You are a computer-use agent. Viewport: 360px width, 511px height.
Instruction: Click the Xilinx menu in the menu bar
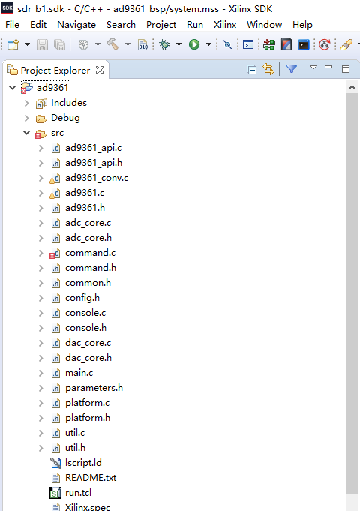(x=225, y=25)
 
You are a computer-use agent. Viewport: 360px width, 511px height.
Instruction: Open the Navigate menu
(x=76, y=25)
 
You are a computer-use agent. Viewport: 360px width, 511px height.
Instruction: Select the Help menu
(x=302, y=25)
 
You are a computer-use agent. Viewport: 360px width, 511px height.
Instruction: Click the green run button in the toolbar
(x=194, y=44)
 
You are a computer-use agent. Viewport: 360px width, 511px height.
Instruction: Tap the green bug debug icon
(x=165, y=44)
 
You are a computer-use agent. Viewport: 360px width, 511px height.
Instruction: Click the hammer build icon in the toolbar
(x=113, y=44)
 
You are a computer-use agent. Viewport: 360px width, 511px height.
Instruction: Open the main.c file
(x=79, y=373)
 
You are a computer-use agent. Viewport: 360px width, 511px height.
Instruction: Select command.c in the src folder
(x=90, y=253)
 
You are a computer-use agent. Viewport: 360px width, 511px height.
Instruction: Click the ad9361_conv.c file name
(x=97, y=178)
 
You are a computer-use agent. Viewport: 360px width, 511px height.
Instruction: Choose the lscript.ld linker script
(x=83, y=463)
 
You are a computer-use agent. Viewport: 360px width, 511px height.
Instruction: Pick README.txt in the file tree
(x=91, y=478)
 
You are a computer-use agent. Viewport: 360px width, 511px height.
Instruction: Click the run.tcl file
(x=78, y=493)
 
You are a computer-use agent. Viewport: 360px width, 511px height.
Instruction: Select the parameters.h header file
(x=94, y=388)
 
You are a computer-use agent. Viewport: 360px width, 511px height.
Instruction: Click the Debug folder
(x=65, y=118)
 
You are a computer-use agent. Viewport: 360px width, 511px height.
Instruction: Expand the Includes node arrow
(x=27, y=103)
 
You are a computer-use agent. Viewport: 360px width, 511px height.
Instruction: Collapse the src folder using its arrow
(x=27, y=133)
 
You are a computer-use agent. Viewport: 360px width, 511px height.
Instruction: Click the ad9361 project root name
(x=52, y=88)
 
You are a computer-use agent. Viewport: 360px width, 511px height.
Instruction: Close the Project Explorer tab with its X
(x=100, y=70)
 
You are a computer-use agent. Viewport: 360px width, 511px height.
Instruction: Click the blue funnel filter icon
(x=292, y=68)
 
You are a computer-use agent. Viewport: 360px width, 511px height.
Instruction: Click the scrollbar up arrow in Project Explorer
(x=352, y=87)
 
